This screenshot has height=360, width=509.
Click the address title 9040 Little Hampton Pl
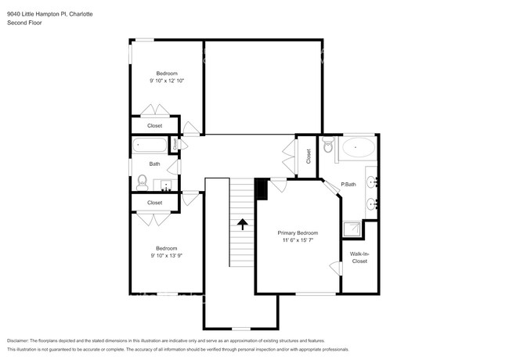click(x=49, y=14)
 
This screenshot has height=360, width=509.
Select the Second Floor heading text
click(x=24, y=23)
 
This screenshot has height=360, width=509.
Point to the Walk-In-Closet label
click(x=359, y=257)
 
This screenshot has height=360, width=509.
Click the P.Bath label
click(x=348, y=185)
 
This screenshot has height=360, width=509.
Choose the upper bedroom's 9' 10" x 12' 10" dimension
click(x=165, y=81)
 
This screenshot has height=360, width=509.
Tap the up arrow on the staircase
click(x=242, y=225)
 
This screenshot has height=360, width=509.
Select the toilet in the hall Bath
click(x=143, y=181)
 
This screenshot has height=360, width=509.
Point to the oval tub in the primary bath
click(x=359, y=146)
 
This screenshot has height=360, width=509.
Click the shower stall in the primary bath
click(x=352, y=229)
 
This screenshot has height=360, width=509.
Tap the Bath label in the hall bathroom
click(x=155, y=164)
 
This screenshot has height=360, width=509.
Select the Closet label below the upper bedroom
click(x=155, y=125)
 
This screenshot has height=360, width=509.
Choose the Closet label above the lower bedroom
click(x=155, y=203)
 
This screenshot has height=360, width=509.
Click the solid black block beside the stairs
click(x=262, y=189)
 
